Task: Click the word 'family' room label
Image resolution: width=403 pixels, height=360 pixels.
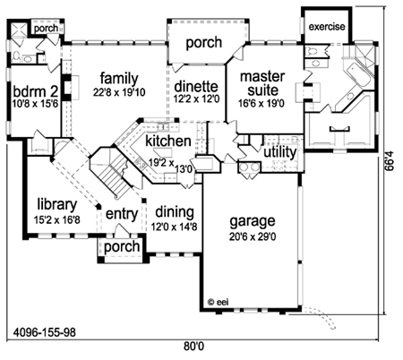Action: (x=119, y=79)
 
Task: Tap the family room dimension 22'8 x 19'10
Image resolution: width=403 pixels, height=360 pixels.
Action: (x=119, y=92)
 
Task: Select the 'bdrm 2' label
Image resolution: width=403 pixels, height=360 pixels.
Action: (x=36, y=91)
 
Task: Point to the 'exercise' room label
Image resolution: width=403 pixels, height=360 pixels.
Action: (x=327, y=27)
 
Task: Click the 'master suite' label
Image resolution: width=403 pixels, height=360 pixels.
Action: (x=262, y=83)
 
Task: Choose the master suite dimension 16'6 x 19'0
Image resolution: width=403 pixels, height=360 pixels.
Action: (x=262, y=103)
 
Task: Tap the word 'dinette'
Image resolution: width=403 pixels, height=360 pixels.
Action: (x=196, y=87)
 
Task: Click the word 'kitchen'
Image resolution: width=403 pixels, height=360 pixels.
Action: (x=168, y=141)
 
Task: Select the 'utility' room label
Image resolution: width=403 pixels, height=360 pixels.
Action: (x=280, y=152)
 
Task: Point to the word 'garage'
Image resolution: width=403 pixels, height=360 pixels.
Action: (x=253, y=221)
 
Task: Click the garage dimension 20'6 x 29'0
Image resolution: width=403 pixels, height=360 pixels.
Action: (x=253, y=236)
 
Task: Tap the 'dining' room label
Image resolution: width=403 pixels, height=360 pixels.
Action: (x=175, y=212)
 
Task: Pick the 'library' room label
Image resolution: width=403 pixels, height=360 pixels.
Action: (x=57, y=205)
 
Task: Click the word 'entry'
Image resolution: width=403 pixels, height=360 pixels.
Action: (x=122, y=214)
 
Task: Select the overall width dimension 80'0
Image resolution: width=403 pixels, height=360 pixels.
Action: (x=194, y=347)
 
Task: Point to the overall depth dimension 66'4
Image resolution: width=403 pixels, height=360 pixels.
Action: (x=390, y=161)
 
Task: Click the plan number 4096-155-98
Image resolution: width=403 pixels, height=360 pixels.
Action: (x=45, y=332)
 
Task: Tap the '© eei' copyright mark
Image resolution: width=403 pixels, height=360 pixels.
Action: (x=218, y=302)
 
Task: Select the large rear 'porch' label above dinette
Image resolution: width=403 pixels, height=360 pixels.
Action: (x=204, y=43)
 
